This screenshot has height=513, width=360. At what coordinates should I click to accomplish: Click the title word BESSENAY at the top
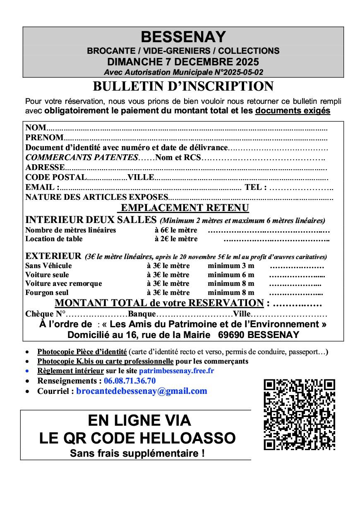[183, 37]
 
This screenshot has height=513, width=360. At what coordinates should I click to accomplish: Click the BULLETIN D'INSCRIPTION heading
[183, 86]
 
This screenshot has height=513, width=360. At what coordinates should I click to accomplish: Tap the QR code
[299, 414]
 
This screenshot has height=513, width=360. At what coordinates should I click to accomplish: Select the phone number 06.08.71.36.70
[130, 381]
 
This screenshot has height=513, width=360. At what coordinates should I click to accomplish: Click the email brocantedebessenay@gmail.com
[142, 391]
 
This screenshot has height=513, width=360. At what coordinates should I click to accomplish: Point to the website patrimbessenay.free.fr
[176, 371]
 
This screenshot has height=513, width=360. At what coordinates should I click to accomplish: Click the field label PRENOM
[44, 137]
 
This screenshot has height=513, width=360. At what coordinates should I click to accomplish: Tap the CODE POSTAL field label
[56, 177]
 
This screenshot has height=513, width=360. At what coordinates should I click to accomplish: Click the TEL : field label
[255, 187]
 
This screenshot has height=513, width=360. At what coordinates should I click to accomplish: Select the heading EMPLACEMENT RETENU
[185, 208]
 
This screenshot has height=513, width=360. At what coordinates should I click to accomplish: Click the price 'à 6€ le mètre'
[176, 230]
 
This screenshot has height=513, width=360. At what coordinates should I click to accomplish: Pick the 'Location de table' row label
[54, 239]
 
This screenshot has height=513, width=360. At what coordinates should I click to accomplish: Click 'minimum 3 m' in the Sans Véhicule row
[231, 266]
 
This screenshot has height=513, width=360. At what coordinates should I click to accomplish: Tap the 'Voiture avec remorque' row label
[63, 283]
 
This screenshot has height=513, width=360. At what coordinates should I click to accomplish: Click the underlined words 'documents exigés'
[293, 111]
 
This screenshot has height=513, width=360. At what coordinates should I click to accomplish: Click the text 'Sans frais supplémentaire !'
[137, 453]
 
